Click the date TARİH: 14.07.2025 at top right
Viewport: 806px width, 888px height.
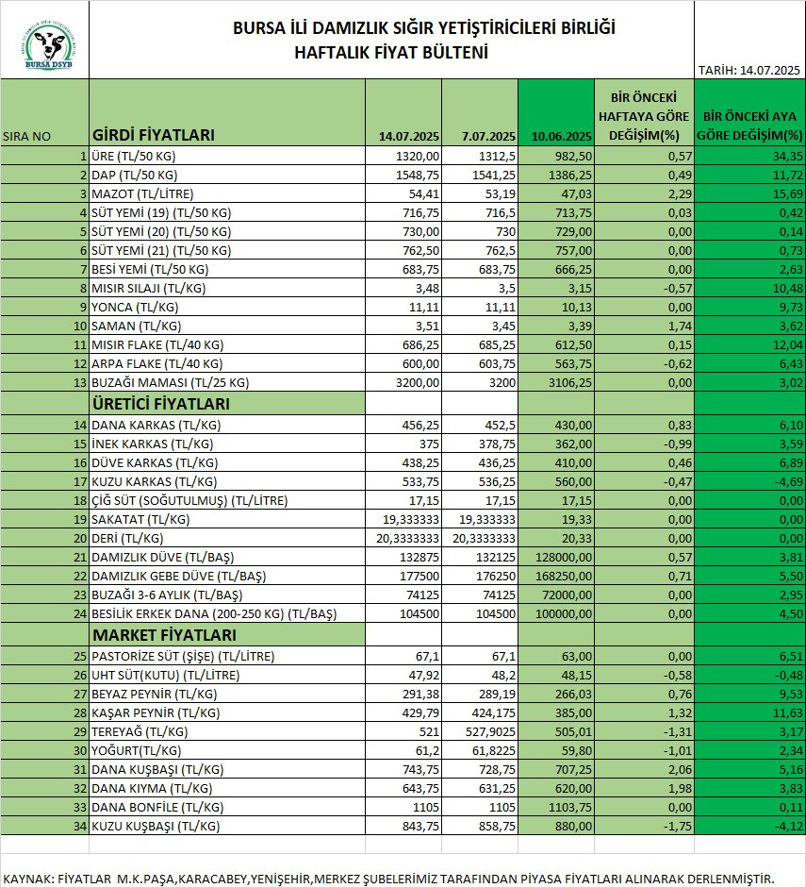tap(748, 70)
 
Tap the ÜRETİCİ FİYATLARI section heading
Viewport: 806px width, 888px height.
tap(161, 404)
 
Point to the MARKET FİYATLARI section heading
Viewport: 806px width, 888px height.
tap(164, 635)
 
